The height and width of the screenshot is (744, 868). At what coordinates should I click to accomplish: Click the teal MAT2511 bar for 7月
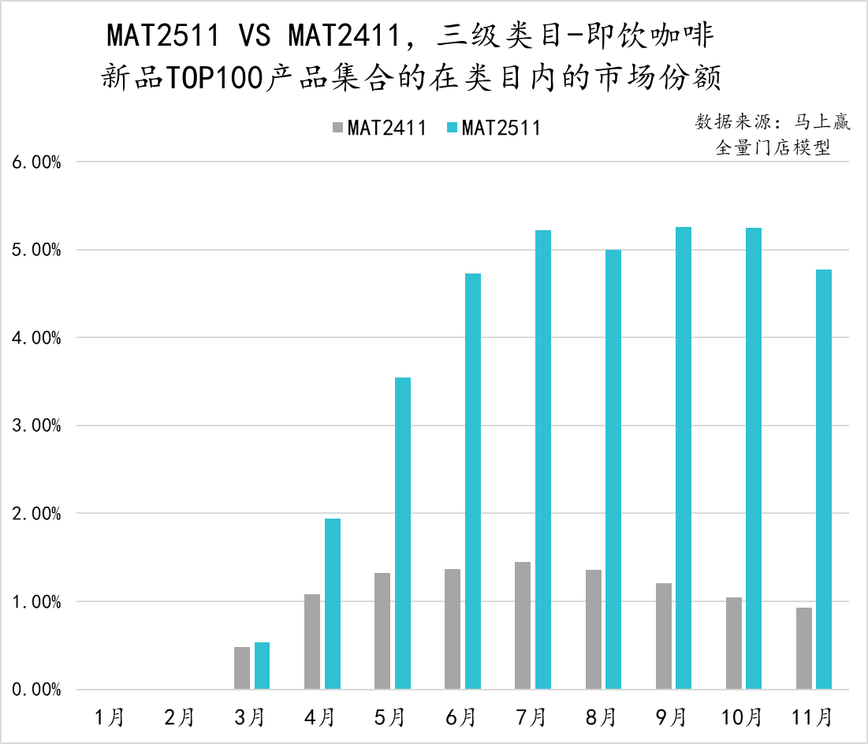point(543,459)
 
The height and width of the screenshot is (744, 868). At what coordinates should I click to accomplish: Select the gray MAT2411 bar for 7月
point(523,626)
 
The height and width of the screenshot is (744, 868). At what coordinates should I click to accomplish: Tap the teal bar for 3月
point(262,666)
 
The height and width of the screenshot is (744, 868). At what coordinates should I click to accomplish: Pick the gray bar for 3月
point(242,668)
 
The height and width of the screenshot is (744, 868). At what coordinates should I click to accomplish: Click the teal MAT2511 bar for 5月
point(403,534)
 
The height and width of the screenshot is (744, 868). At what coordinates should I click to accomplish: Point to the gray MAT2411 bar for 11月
point(804,649)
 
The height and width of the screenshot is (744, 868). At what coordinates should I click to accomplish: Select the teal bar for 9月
point(684,458)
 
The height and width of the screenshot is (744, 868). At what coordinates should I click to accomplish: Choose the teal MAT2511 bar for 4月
point(333,604)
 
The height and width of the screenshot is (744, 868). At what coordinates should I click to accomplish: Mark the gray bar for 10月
point(734,643)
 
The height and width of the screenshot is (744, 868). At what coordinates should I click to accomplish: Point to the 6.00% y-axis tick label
point(36,162)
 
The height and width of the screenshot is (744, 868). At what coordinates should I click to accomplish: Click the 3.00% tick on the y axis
point(36,426)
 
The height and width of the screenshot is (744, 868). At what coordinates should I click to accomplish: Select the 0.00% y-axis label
point(36,690)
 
